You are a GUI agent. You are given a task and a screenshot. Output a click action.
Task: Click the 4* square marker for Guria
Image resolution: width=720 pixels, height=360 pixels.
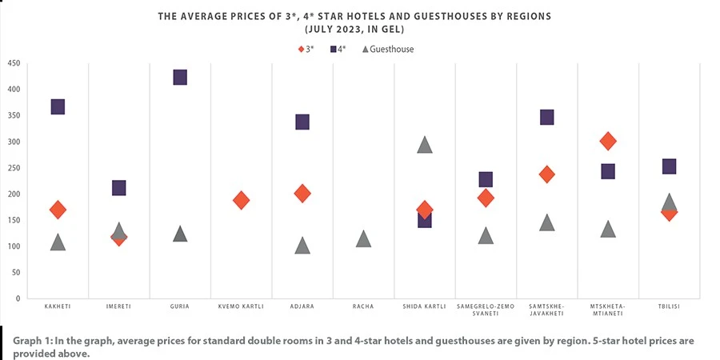180,78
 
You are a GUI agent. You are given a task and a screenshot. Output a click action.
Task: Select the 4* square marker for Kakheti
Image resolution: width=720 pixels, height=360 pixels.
58,107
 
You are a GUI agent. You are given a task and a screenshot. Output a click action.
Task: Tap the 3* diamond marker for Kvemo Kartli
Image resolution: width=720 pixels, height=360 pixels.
241,200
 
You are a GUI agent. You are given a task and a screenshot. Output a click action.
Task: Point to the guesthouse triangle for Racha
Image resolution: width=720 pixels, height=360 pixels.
363,239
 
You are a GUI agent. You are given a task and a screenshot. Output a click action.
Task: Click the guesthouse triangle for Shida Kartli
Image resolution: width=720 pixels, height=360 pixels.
425,145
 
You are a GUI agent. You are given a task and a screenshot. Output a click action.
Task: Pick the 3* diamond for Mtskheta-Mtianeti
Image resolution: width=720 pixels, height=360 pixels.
608,142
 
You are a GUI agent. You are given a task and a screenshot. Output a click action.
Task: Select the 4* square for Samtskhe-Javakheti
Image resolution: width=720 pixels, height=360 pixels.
547,118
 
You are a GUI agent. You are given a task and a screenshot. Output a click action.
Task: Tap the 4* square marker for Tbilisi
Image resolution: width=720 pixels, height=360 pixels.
669,166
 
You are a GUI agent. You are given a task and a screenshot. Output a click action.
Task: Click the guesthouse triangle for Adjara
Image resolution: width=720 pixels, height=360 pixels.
302,246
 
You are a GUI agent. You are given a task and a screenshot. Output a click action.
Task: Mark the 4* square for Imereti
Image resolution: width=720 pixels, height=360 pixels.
119,188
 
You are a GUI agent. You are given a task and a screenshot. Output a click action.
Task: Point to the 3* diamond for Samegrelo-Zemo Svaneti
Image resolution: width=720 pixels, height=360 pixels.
486,198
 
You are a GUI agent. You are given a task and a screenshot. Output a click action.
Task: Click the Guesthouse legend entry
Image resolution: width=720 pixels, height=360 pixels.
388,50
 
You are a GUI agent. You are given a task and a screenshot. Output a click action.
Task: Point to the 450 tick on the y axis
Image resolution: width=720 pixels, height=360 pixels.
14,63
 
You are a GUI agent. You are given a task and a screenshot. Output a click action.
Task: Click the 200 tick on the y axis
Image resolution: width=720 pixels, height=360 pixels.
14,194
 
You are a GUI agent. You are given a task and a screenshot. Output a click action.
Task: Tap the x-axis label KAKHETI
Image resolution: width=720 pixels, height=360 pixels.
58,306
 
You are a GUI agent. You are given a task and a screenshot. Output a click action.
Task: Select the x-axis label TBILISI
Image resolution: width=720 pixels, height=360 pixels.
669,306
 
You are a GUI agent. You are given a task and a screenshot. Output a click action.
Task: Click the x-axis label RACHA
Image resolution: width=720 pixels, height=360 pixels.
363,306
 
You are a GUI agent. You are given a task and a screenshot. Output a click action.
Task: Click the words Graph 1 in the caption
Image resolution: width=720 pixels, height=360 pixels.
34,341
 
